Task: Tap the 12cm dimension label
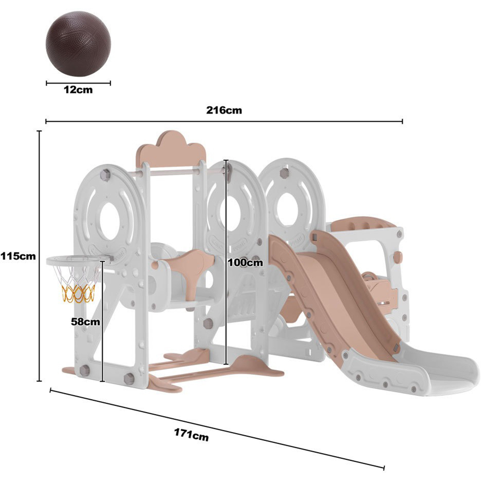(78, 90)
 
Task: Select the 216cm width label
(224, 110)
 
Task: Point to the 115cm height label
(18, 256)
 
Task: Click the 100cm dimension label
(245, 263)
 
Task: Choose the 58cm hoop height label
(86, 322)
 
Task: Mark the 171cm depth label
(191, 434)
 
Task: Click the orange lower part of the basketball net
(78, 293)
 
